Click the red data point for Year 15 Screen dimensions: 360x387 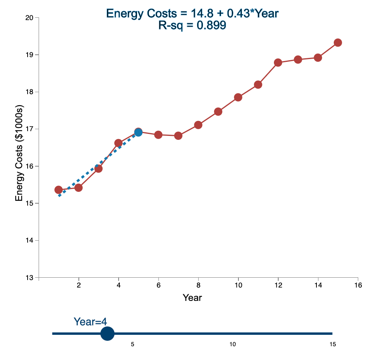tap(338, 43)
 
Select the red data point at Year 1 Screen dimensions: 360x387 tap(58, 190)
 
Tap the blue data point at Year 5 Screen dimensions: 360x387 tap(138, 132)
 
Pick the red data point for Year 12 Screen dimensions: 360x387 tap(278, 63)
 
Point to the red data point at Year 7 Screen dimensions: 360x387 tap(178, 135)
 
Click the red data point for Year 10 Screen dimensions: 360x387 tap(238, 97)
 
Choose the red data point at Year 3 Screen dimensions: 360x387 tap(99, 169)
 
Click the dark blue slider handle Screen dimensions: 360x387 tap(107, 334)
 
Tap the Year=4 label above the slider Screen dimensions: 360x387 tap(90, 322)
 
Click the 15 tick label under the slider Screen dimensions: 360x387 tap(333, 345)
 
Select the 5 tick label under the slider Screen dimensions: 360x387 tap(133, 345)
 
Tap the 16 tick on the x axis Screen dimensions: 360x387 tap(358, 285)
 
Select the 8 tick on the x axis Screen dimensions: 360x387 tap(198, 285)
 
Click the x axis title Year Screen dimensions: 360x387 tap(192, 298)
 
